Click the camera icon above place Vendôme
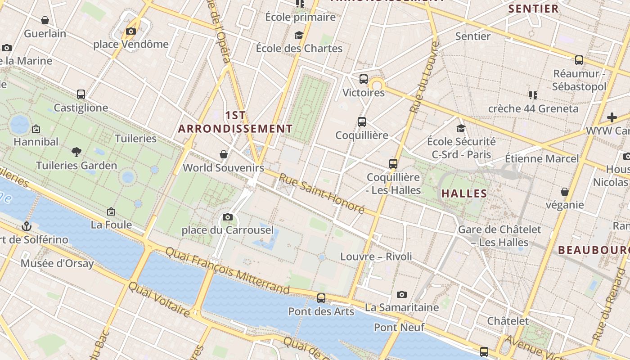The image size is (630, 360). [x=131, y=31]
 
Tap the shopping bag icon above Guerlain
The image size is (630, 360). [x=45, y=20]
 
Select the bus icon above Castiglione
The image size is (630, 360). [x=81, y=94]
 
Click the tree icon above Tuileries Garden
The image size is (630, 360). [x=76, y=152]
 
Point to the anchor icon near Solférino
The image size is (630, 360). [x=27, y=226]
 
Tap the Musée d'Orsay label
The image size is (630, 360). [x=57, y=263]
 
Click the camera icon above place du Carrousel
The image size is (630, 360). [x=228, y=217]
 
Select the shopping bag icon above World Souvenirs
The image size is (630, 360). [x=223, y=155]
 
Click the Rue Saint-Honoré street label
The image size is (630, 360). [x=321, y=193]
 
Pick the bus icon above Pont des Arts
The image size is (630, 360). [x=321, y=298]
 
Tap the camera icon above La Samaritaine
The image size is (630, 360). [x=402, y=295]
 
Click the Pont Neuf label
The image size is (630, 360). [x=399, y=327]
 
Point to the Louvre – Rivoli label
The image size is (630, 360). [x=376, y=256]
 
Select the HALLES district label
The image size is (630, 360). [x=464, y=193]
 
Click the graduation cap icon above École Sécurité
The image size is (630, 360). [x=461, y=129]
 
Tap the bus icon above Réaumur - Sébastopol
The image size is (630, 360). [x=579, y=60]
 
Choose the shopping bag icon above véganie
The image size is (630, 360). [x=565, y=192]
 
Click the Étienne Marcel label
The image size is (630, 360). [x=542, y=158]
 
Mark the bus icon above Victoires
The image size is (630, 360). [x=364, y=80]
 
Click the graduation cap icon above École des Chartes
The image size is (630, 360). [x=299, y=35]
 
